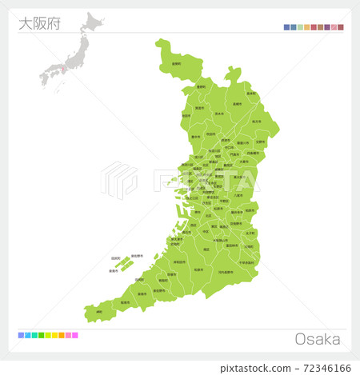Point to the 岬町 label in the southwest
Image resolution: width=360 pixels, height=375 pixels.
click(98, 312)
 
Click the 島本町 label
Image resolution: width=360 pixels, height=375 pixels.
click(250, 94)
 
